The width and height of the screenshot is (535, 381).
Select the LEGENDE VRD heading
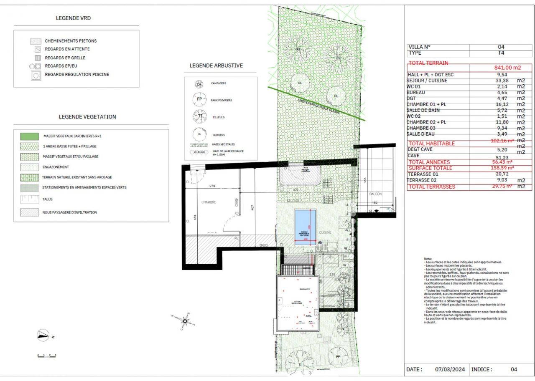click(73, 18)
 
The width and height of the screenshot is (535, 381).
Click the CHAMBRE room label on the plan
click(209, 202)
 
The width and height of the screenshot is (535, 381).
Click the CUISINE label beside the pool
click(325, 232)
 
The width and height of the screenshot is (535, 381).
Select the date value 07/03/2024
click(450, 369)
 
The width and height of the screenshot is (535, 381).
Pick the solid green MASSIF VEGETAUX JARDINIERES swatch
click(30, 136)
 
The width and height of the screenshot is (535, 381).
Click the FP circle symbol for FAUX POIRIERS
click(199, 99)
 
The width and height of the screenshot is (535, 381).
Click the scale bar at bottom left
click(46, 356)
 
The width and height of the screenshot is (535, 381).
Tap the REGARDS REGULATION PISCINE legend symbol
click(36, 75)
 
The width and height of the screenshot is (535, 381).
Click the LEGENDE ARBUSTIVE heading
click(216, 66)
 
